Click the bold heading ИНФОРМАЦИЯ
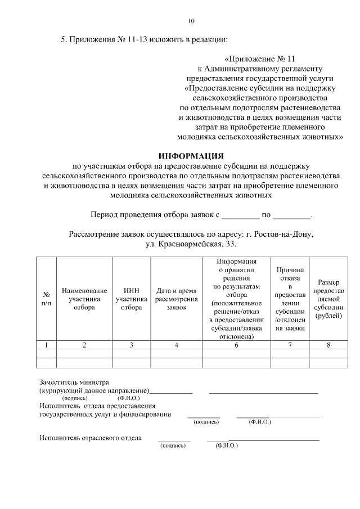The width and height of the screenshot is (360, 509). [x=191, y=155]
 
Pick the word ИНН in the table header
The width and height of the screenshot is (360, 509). [x=131, y=290]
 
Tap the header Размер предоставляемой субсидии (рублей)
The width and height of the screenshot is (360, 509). [x=328, y=299]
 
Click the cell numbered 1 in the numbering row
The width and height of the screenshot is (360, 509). [x=46, y=345]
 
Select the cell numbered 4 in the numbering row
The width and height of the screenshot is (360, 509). [x=176, y=345]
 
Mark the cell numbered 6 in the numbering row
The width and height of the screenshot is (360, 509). [x=236, y=345]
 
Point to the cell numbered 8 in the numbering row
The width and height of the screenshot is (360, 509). [x=328, y=345]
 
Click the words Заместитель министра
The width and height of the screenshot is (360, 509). [x=74, y=382]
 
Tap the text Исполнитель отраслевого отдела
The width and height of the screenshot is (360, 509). [x=91, y=437]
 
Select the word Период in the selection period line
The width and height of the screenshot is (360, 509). [x=105, y=215]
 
